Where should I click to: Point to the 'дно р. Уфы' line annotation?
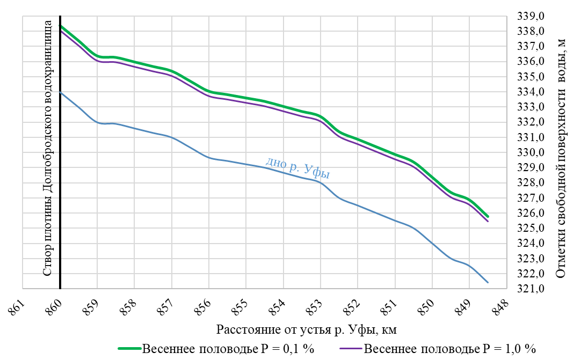pos(297,167)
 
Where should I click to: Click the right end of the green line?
pos(487,216)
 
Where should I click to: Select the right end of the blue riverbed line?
pos(488,282)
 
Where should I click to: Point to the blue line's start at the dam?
pos(61,92)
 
